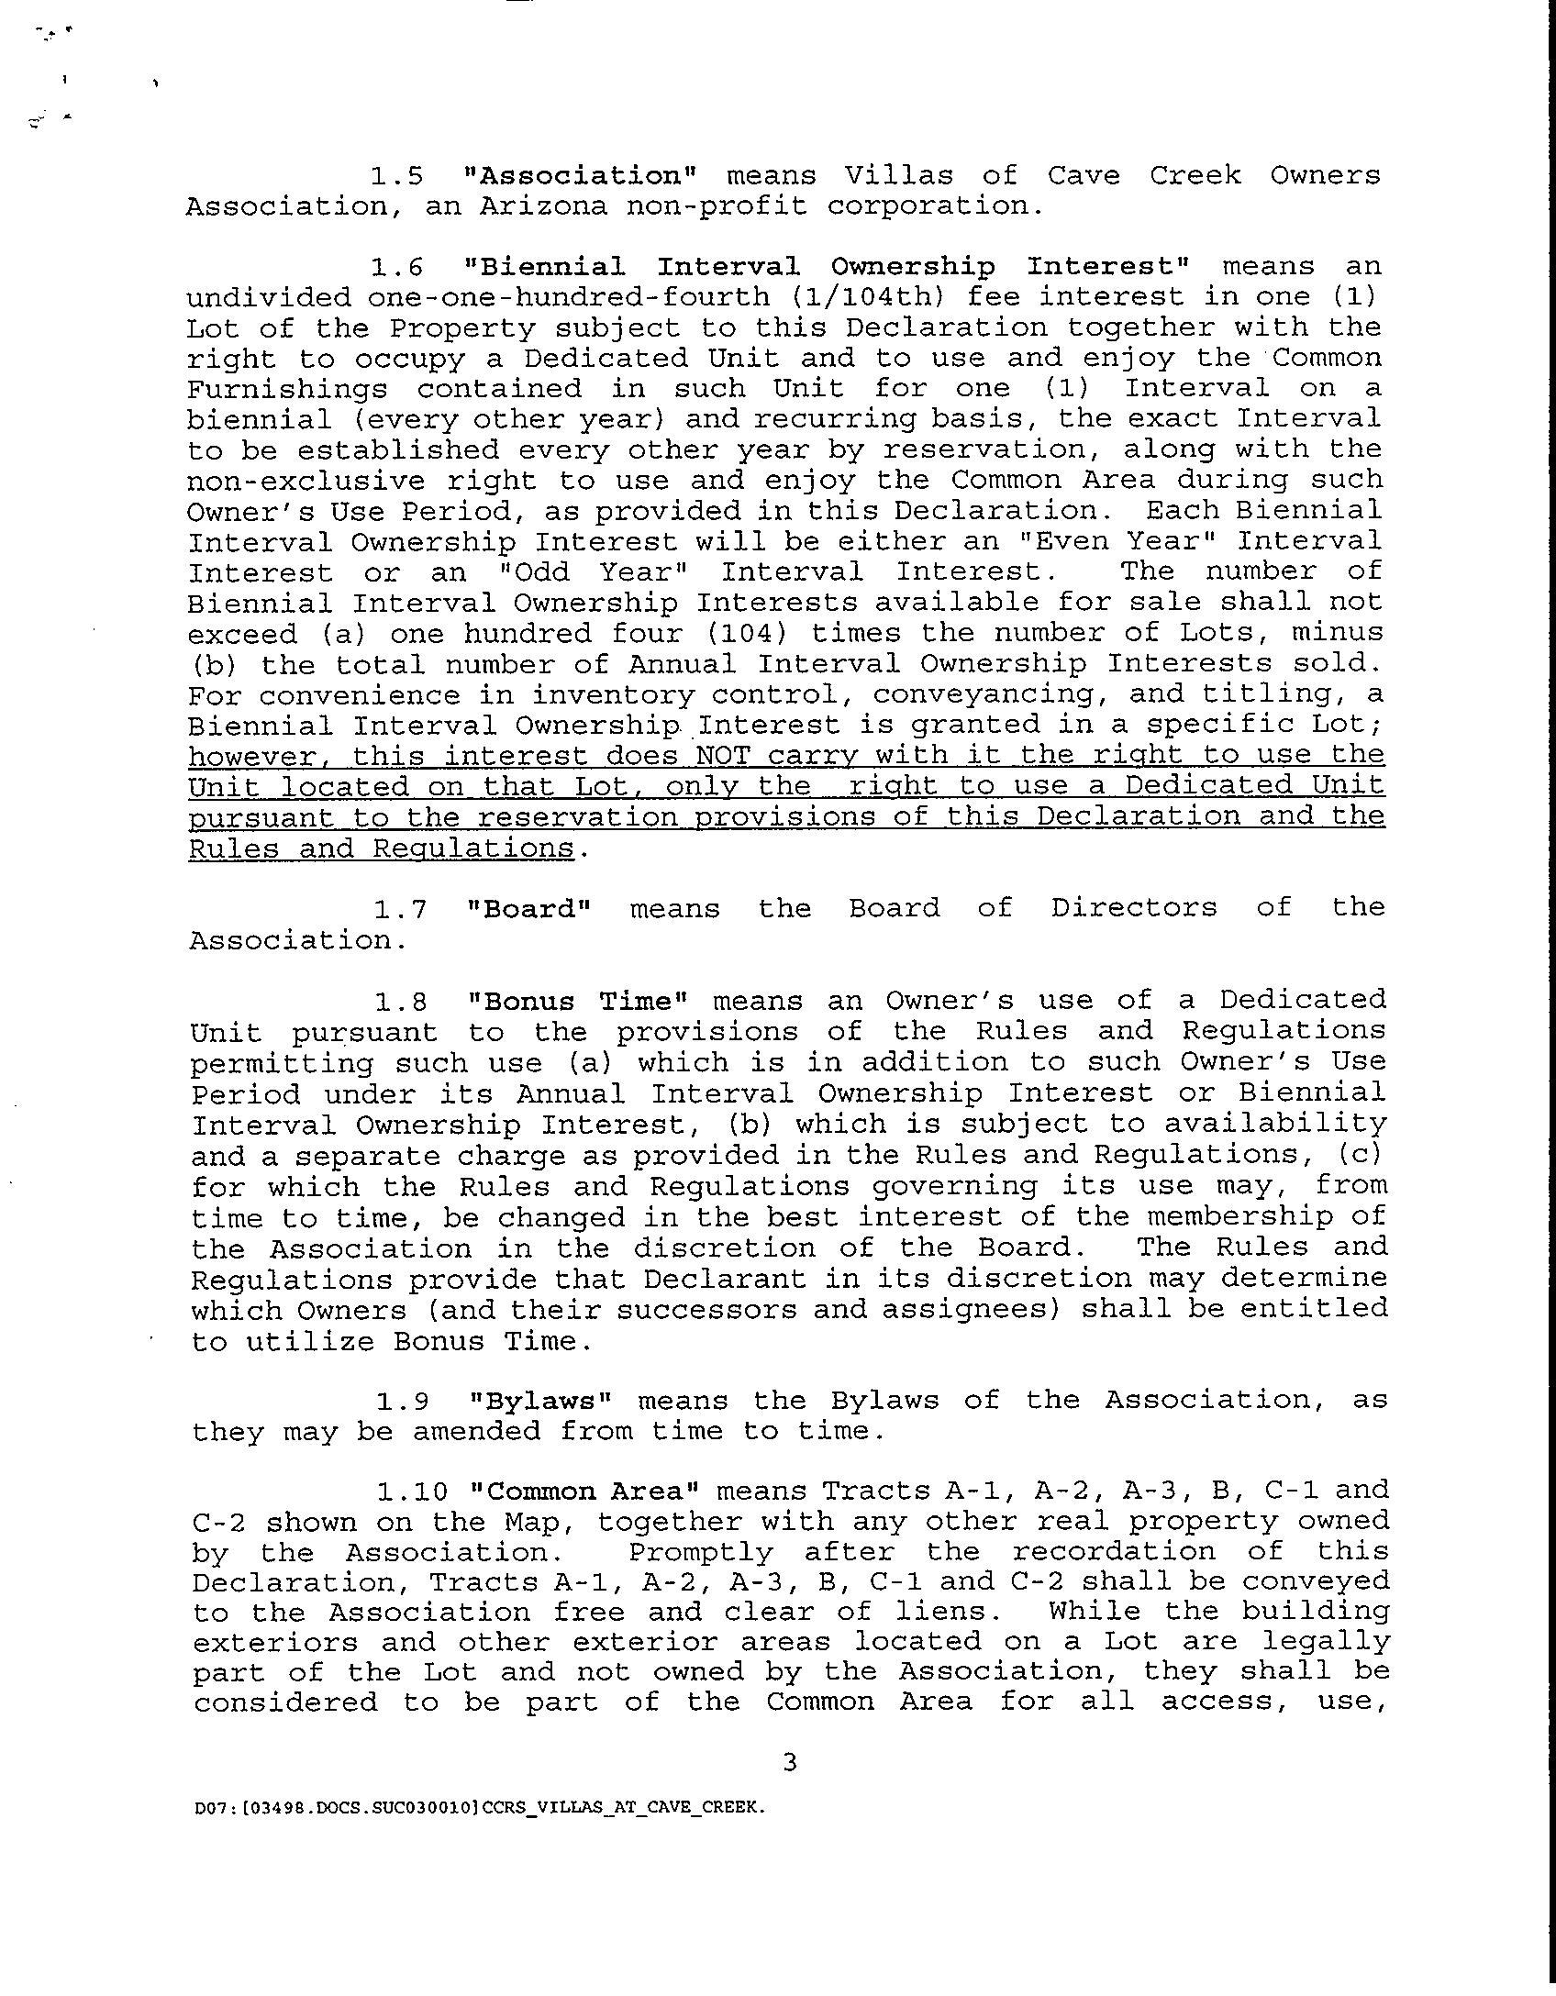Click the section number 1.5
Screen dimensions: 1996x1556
[x=396, y=175]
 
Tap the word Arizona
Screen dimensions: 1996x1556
[x=543, y=206]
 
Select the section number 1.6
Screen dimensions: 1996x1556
[x=397, y=267]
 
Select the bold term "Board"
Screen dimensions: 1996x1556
[x=528, y=909]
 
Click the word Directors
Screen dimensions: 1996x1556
[x=1134, y=908]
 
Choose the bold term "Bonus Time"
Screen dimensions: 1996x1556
[x=577, y=1001]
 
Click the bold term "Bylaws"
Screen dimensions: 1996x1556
[x=539, y=1401]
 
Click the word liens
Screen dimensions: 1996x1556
[x=971, y=1612]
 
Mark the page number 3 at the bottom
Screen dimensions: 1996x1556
[x=789, y=1761]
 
